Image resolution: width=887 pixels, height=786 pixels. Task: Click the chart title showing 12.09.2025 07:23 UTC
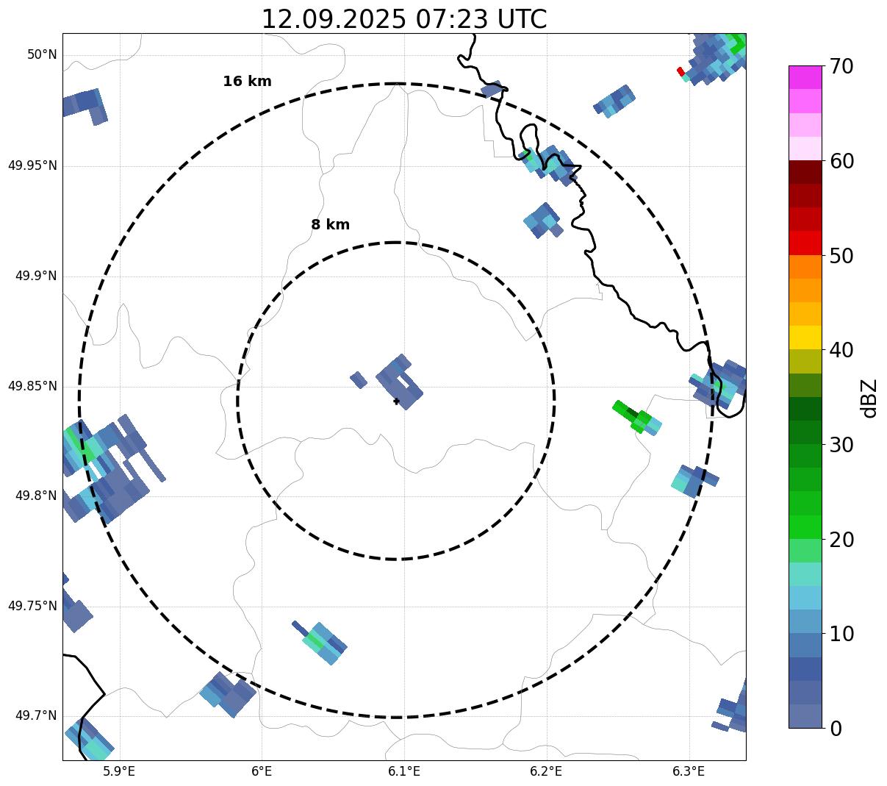tap(404, 19)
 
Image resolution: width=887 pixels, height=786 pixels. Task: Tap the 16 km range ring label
tap(247, 82)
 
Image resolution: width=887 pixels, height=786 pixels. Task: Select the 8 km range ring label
tap(330, 225)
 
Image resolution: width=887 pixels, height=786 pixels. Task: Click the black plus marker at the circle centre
tap(396, 401)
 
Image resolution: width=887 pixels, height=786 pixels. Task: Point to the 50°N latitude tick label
tap(42, 54)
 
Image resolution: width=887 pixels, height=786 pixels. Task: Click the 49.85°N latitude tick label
tap(32, 386)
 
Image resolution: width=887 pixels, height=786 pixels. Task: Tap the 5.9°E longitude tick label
tap(119, 771)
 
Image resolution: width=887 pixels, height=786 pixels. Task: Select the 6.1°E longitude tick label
tap(404, 771)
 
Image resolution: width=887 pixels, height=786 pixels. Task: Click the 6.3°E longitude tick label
tap(689, 771)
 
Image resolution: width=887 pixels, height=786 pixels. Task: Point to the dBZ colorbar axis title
tap(869, 398)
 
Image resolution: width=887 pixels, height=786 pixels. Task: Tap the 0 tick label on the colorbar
tap(837, 729)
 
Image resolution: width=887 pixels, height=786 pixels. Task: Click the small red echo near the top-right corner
tap(680, 71)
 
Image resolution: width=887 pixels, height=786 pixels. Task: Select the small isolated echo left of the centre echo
tap(358, 379)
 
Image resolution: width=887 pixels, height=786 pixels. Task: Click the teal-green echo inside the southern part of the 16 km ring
tap(322, 642)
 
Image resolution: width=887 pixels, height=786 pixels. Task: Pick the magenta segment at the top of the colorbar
tap(805, 77)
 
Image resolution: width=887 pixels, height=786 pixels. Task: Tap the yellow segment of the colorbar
tap(805, 337)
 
